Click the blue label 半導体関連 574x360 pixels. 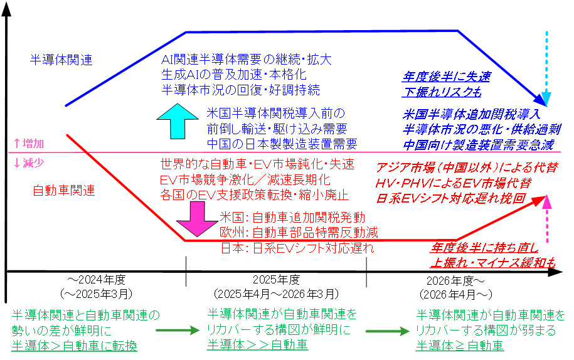(61, 60)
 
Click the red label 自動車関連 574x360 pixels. (63, 189)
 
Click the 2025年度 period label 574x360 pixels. (276, 280)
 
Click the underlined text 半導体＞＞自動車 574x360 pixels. (257, 344)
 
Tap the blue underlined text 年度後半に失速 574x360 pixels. (446, 78)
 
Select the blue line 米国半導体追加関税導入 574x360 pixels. (471, 115)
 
